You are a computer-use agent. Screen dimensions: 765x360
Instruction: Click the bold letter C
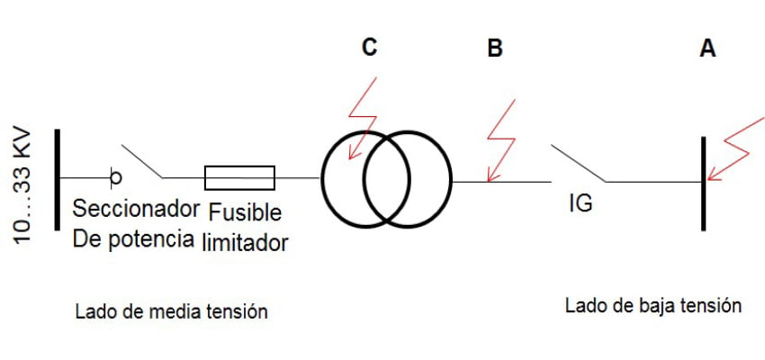[x=369, y=48]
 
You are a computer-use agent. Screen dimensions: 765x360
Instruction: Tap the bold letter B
[x=495, y=49]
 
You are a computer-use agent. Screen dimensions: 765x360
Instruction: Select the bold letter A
[x=708, y=49]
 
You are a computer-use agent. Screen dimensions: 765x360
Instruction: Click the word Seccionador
[x=136, y=209]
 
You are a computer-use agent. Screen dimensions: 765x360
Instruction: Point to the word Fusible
[x=246, y=212]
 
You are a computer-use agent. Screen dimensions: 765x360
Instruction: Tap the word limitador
[x=245, y=242]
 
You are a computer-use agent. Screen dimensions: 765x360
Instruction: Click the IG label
[x=580, y=203]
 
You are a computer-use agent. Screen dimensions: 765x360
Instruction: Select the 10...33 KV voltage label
[x=22, y=187]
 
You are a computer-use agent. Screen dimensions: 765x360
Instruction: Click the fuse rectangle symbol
[x=239, y=177]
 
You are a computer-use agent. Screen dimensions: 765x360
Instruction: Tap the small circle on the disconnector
[x=115, y=178]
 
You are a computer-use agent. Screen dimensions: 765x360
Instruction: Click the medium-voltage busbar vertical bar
[x=57, y=179]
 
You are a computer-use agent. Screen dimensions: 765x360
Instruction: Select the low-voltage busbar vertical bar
[x=704, y=184]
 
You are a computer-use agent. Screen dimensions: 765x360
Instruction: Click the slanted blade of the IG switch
[x=579, y=164]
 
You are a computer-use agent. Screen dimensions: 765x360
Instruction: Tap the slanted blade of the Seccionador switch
[x=142, y=161]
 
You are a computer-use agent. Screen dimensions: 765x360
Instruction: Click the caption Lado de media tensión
[x=172, y=311]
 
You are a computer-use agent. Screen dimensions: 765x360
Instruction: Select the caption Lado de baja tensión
[x=653, y=306]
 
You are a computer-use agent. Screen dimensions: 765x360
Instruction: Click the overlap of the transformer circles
[x=386, y=179]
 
